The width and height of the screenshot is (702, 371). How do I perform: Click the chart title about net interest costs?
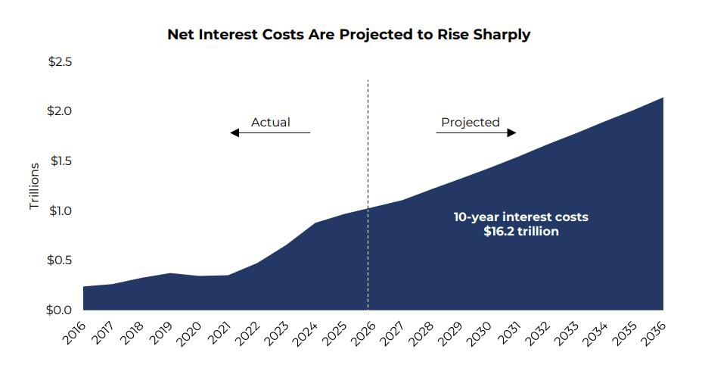[x=349, y=35]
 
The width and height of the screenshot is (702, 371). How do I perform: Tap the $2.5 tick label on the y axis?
[x=60, y=62]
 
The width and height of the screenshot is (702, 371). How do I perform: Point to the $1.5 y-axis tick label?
[x=61, y=161]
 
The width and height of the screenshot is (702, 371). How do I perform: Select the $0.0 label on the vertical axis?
[x=59, y=310]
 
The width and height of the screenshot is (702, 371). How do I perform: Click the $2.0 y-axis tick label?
[x=59, y=111]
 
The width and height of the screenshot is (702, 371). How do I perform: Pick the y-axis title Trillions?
[x=35, y=186]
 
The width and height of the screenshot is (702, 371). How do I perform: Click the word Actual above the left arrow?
[x=270, y=123]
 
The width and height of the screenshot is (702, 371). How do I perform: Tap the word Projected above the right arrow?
[x=470, y=123]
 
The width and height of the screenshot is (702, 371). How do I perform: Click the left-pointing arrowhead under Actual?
[x=235, y=132]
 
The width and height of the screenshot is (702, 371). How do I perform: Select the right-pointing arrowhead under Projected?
[x=511, y=132]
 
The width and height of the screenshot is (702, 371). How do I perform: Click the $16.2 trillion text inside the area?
[x=521, y=231]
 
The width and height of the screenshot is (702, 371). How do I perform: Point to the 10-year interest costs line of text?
[x=521, y=217]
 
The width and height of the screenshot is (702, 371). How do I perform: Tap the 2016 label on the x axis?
[x=74, y=333]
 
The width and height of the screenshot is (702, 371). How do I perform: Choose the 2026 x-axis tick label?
[x=364, y=333]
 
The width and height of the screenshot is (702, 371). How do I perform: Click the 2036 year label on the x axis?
[x=654, y=333]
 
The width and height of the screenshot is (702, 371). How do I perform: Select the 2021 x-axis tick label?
[x=219, y=333]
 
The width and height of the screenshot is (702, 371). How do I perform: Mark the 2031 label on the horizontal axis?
[x=508, y=333]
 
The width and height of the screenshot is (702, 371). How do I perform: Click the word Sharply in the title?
[x=502, y=35]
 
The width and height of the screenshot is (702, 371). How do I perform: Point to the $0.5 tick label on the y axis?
[x=59, y=260]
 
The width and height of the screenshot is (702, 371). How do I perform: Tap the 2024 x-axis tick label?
[x=306, y=333]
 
